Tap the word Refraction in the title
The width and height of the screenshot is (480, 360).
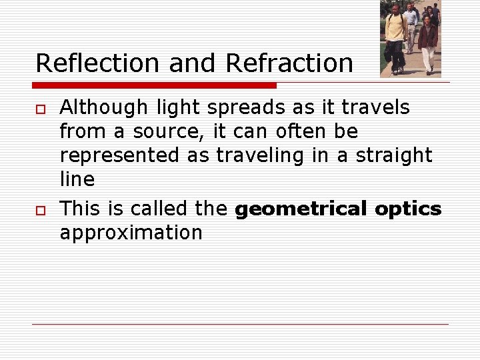289,63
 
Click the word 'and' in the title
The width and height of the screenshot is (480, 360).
193,63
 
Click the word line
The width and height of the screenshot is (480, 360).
77,179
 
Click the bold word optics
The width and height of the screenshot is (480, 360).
408,209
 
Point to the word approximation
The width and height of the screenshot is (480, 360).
131,233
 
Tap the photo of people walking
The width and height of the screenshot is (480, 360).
410,39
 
